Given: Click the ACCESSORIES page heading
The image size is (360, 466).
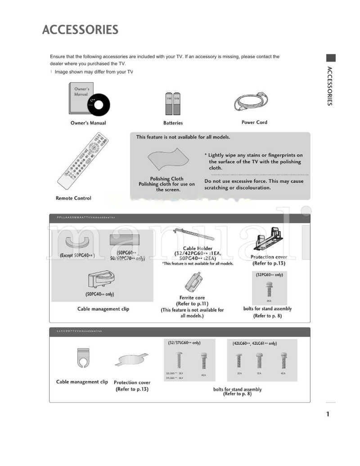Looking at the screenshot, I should [x=80, y=30].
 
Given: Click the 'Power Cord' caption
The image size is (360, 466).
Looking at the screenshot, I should [x=254, y=122].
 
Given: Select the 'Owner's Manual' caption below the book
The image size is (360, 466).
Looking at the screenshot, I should [x=88, y=123].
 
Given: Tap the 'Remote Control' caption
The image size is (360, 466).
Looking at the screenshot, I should [x=73, y=198].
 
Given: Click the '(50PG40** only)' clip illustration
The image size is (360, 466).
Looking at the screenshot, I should [x=99, y=279].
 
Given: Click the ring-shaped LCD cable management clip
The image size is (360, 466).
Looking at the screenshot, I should [x=83, y=358].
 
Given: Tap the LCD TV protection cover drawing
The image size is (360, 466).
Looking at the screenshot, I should [x=132, y=360].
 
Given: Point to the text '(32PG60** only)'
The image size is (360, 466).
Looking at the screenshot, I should [x=269, y=274].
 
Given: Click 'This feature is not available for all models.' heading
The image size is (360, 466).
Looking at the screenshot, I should [x=183, y=137].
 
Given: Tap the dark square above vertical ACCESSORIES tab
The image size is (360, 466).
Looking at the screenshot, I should [x=331, y=58].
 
